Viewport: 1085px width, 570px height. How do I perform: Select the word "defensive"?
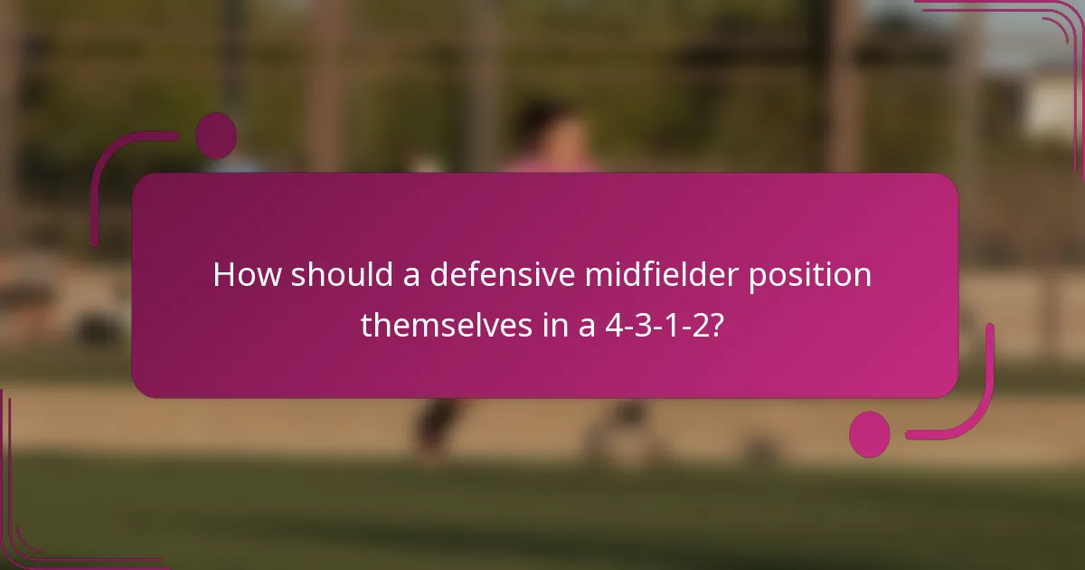pos(501,275)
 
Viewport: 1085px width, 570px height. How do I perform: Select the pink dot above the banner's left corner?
pos(215,136)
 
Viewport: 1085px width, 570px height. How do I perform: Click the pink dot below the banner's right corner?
pos(869,433)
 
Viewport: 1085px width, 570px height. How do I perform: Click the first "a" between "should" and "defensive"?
pos(411,275)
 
